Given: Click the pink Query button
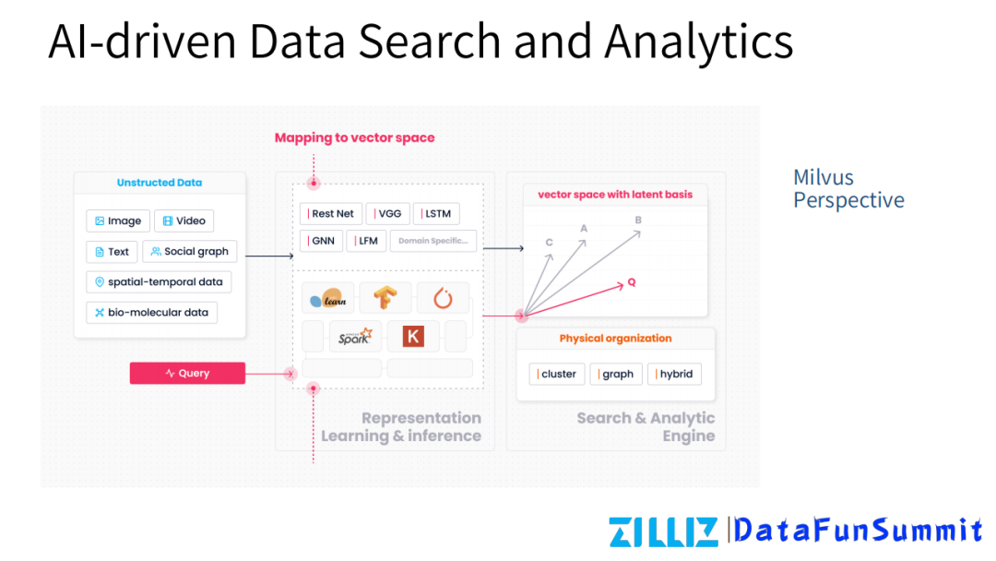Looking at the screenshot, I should [x=187, y=373].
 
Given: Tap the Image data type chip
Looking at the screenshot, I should [x=118, y=221].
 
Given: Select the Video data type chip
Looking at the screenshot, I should [x=184, y=221].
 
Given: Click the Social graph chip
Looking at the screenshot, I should [x=190, y=251].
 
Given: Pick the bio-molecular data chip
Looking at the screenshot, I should [x=152, y=312].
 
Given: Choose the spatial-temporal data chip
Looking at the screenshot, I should [x=158, y=281].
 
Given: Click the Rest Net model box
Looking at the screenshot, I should [x=329, y=213].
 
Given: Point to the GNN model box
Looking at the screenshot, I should [x=320, y=241].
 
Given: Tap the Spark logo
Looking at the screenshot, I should [x=355, y=337].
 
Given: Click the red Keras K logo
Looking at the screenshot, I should [x=413, y=337].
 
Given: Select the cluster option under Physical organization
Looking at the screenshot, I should [x=555, y=374].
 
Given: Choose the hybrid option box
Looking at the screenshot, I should [x=674, y=374].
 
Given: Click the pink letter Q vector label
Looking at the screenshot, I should [x=632, y=281].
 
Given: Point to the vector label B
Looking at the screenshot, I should [x=638, y=220].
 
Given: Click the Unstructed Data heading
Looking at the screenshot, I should [x=160, y=183].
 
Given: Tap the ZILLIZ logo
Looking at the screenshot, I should [x=663, y=531].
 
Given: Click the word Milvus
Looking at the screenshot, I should [x=824, y=177].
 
